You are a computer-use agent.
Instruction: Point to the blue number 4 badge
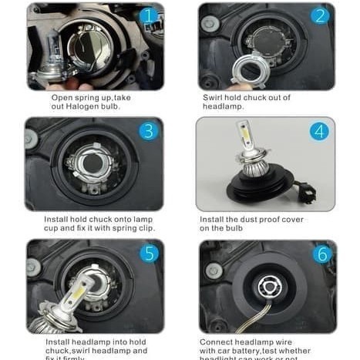[x=319, y=130]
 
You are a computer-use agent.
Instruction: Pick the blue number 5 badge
[x=150, y=253]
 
